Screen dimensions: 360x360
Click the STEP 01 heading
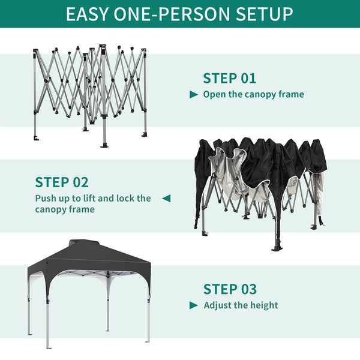coord(229,78)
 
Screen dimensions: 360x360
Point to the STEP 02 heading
coord(62,182)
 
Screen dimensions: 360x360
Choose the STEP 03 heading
coord(230,289)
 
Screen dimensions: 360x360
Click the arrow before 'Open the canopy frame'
coord(194,95)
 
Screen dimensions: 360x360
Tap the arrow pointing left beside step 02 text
coord(166,198)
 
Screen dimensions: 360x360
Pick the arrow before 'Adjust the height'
coord(194,305)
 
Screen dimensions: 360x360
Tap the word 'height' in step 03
coord(264,305)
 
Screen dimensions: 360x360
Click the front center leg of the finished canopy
coord(48,318)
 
